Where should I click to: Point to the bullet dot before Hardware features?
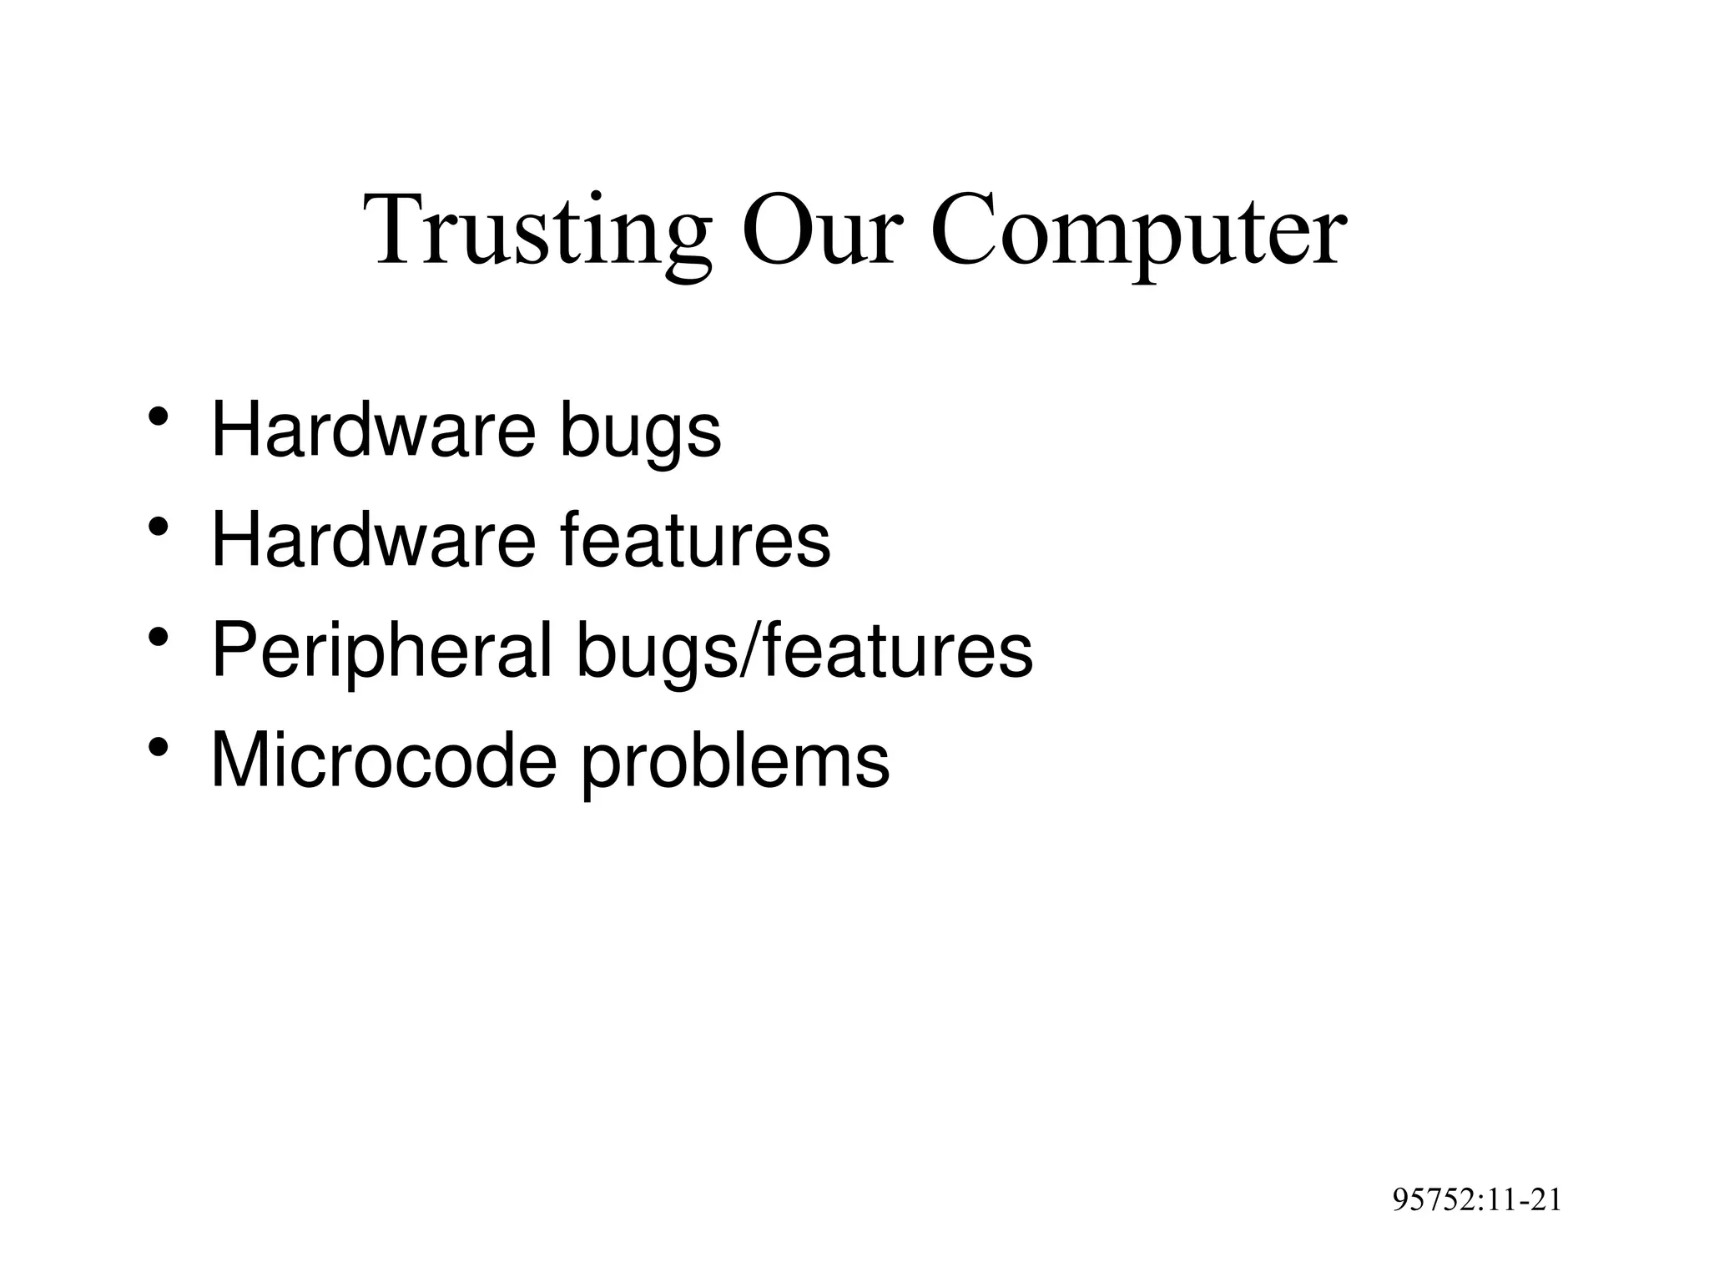[157, 527]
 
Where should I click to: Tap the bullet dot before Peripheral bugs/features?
[157, 637]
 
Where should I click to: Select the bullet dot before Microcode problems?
[157, 746]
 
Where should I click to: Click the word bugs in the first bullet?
[639, 432]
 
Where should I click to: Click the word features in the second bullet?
[695, 540]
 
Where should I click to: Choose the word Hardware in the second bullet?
[373, 540]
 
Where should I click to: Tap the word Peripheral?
[382, 650]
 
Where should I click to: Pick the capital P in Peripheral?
[233, 650]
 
